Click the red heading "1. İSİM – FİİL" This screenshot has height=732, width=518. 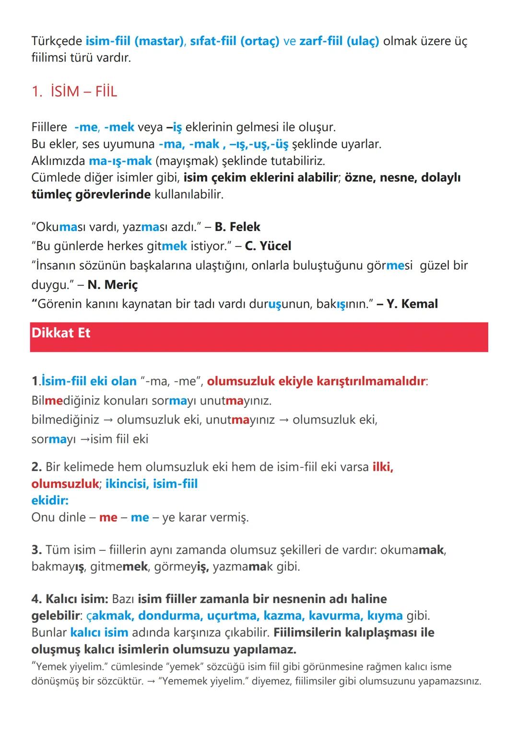coord(74,91)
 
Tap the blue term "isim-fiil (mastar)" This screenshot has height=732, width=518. coord(135,41)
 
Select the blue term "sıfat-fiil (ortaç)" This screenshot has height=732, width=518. coord(235,41)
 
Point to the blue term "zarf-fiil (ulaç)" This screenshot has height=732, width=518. coord(339,41)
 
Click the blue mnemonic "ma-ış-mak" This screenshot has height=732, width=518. coord(120,161)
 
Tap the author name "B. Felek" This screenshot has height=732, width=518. coord(237,226)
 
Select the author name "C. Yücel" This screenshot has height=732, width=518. coord(268,246)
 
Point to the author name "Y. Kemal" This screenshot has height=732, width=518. coord(412,304)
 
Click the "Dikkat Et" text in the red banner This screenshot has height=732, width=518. coord(61,333)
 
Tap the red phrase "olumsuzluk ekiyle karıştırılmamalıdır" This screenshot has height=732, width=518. coord(316,381)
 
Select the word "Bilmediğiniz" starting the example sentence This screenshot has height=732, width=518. coord(62,400)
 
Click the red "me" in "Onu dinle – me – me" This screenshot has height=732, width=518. coord(108,517)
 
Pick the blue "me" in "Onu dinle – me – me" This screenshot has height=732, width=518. coord(140,517)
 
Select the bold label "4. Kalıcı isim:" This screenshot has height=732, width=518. coord(70,599)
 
